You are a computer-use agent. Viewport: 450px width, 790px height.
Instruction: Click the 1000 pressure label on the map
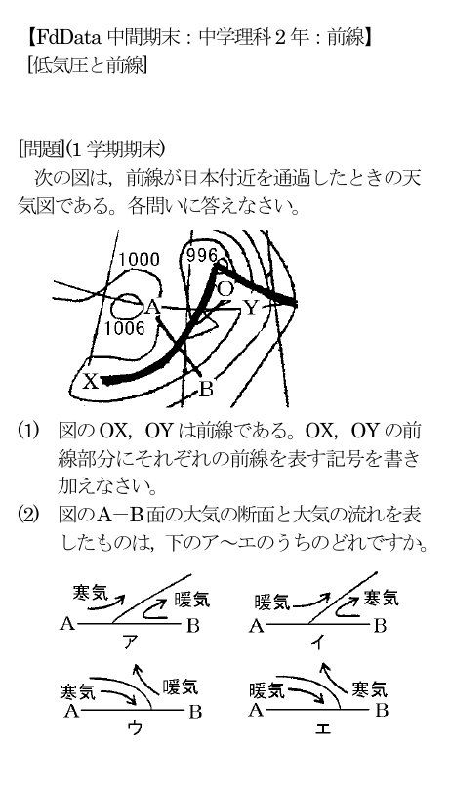139,260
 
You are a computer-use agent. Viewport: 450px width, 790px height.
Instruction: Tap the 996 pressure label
202,256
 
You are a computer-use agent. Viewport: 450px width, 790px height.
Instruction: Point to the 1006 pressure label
125,328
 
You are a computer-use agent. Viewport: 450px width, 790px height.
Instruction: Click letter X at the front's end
91,382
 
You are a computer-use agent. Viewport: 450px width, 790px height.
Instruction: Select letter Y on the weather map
251,308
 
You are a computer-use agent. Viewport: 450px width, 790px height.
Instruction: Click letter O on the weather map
225,289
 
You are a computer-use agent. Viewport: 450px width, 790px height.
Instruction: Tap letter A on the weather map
152,308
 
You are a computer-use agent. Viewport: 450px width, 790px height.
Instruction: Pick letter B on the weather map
206,390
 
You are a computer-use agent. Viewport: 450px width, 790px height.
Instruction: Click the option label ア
131,642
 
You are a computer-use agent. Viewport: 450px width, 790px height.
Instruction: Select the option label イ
319,642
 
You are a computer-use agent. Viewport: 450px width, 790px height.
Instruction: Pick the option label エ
323,728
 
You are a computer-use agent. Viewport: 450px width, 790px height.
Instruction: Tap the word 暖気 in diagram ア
192,599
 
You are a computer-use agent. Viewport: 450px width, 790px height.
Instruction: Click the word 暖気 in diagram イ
272,602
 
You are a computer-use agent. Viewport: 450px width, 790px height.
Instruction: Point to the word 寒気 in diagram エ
369,688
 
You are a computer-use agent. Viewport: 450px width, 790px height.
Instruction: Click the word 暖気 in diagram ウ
181,686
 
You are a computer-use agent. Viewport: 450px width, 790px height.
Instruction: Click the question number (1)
28,432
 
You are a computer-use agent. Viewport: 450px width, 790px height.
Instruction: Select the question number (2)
28,516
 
